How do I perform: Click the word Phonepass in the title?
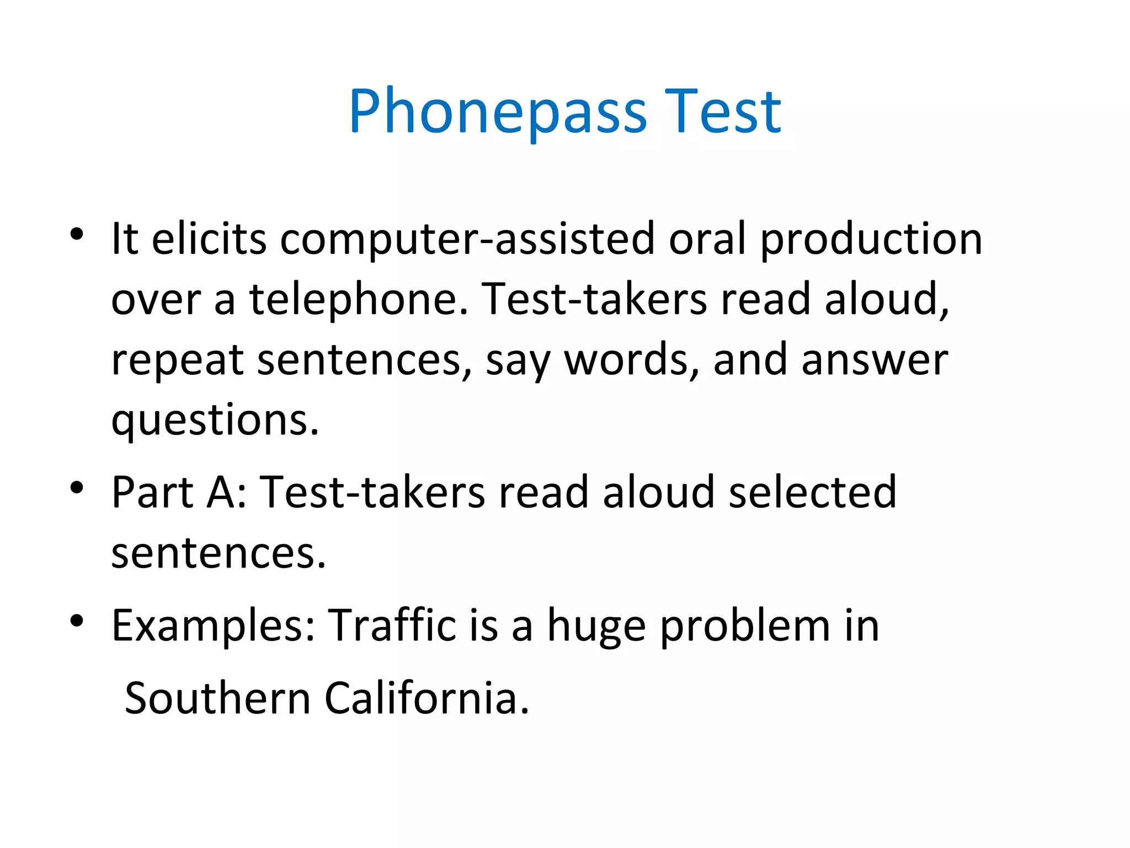[x=498, y=112]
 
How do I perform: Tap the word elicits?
[x=209, y=239]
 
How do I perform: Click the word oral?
[x=708, y=239]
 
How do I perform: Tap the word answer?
[x=875, y=360]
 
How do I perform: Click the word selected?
[x=813, y=491]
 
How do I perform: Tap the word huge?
[x=596, y=627]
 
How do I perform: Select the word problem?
[x=745, y=627]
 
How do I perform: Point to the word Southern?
[x=218, y=698]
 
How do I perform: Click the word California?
[x=427, y=698]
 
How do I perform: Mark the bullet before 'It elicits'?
[x=77, y=234]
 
